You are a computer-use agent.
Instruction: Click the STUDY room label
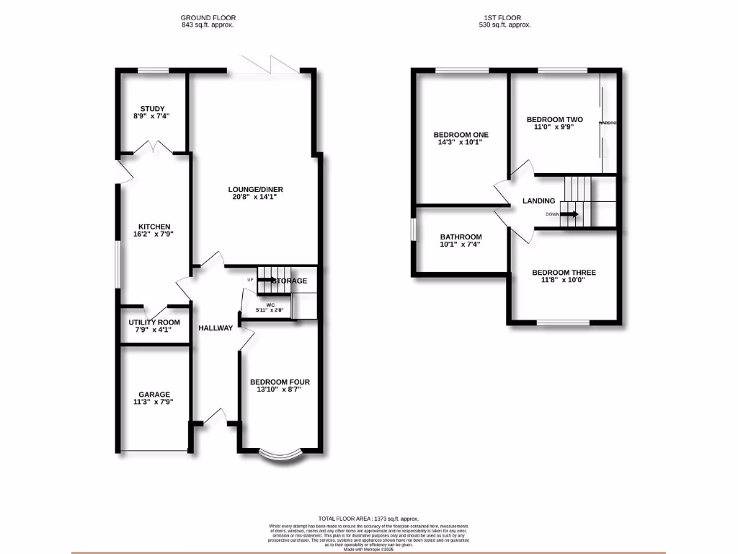tap(152, 109)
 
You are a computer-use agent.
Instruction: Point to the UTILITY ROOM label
tap(154, 322)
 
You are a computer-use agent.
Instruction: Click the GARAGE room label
tap(154, 395)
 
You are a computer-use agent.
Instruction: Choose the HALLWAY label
tap(216, 328)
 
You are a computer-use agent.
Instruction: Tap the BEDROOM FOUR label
tap(280, 382)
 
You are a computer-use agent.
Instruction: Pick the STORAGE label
tap(290, 281)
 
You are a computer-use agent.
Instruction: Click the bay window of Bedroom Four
tap(279, 454)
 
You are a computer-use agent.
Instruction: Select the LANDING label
tap(539, 201)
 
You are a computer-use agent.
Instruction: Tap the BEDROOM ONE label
tap(461, 135)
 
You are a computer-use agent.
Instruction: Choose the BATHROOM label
tap(461, 237)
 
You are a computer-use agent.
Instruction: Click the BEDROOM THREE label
tap(564, 273)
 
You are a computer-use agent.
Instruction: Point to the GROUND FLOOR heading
tap(208, 17)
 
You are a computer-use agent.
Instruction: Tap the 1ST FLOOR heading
tap(505, 17)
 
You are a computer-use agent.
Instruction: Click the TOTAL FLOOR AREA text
tap(368, 519)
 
